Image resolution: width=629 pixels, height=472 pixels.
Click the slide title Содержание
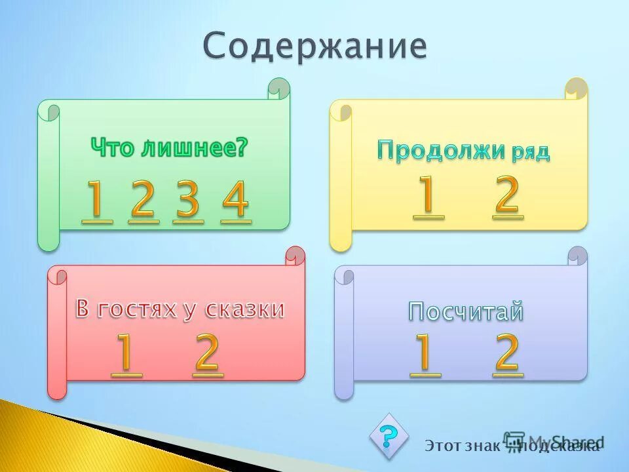(314, 47)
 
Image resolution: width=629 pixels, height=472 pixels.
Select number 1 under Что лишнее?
(96, 201)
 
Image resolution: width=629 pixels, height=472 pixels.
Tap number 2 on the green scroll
(143, 201)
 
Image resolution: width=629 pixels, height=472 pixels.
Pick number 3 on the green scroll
(189, 201)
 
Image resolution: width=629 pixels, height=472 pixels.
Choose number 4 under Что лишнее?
(236, 201)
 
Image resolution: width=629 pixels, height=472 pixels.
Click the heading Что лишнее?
(170, 147)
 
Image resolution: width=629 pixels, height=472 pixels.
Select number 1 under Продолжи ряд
(429, 196)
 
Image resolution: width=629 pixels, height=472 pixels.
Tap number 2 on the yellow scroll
(508, 196)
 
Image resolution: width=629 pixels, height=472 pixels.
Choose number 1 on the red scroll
(126, 354)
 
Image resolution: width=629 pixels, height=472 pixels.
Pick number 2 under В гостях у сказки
(208, 354)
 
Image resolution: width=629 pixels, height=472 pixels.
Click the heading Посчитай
(467, 311)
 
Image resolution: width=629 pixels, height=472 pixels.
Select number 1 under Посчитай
(425, 354)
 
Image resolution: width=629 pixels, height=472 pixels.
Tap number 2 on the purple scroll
(508, 354)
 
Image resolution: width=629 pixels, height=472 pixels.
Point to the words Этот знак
(462, 446)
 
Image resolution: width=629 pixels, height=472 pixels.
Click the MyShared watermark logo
(554, 441)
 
